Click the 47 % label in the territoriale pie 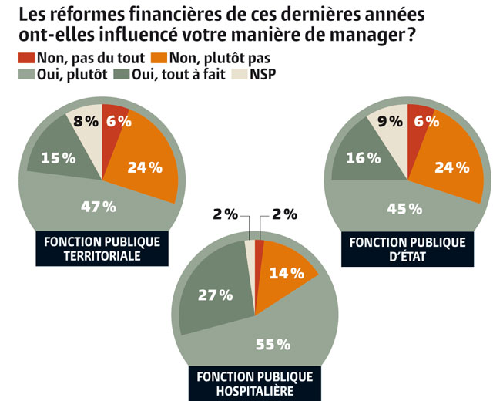tap(99, 206)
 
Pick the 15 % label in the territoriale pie tap(58, 158)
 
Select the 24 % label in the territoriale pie tap(145, 166)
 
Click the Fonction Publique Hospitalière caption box tap(254, 383)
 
